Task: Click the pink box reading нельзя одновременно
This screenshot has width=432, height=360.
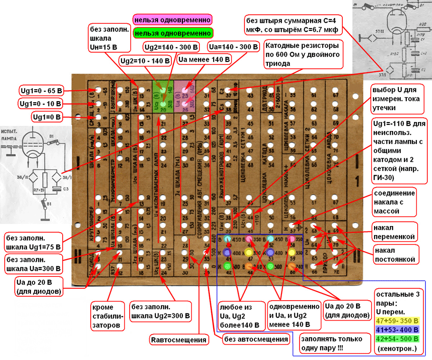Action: (172, 20)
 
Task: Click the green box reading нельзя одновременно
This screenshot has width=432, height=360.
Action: (172, 33)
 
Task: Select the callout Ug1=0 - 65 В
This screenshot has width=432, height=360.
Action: (40, 91)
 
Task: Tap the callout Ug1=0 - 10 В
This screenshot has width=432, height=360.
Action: (40, 104)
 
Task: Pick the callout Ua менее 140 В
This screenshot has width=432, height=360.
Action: (203, 60)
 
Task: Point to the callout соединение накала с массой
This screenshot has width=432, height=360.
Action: (395, 202)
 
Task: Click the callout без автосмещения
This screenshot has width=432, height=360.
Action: (257, 340)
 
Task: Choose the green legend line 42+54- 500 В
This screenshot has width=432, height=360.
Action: (397, 339)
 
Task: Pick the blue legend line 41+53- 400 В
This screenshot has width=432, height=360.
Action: (397, 329)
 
